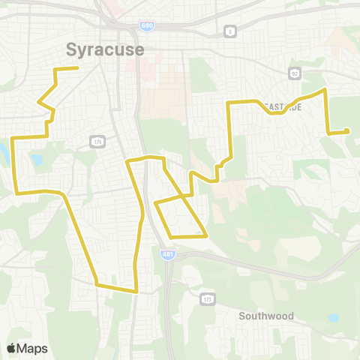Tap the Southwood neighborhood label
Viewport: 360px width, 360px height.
pyautogui.click(x=266, y=316)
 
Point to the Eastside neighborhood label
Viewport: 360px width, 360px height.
pyautogui.click(x=283, y=106)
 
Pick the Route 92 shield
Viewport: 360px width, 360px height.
pyautogui.click(x=295, y=73)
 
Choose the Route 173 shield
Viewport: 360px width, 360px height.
pyautogui.click(x=207, y=299)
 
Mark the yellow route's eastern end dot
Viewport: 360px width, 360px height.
pyautogui.click(x=347, y=132)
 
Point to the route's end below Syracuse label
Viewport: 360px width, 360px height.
pyautogui.click(x=78, y=68)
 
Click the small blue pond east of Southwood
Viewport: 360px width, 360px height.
pyautogui.click(x=333, y=318)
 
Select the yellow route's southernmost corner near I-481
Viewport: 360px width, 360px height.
pyautogui.click(x=136, y=291)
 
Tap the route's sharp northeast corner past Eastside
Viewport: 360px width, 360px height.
pyautogui.click(x=325, y=90)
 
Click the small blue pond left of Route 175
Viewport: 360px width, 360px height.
pyautogui.click(x=36, y=160)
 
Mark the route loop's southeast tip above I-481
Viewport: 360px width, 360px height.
pyautogui.click(x=205, y=235)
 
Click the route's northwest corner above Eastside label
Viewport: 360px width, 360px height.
pyautogui.click(x=229, y=103)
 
